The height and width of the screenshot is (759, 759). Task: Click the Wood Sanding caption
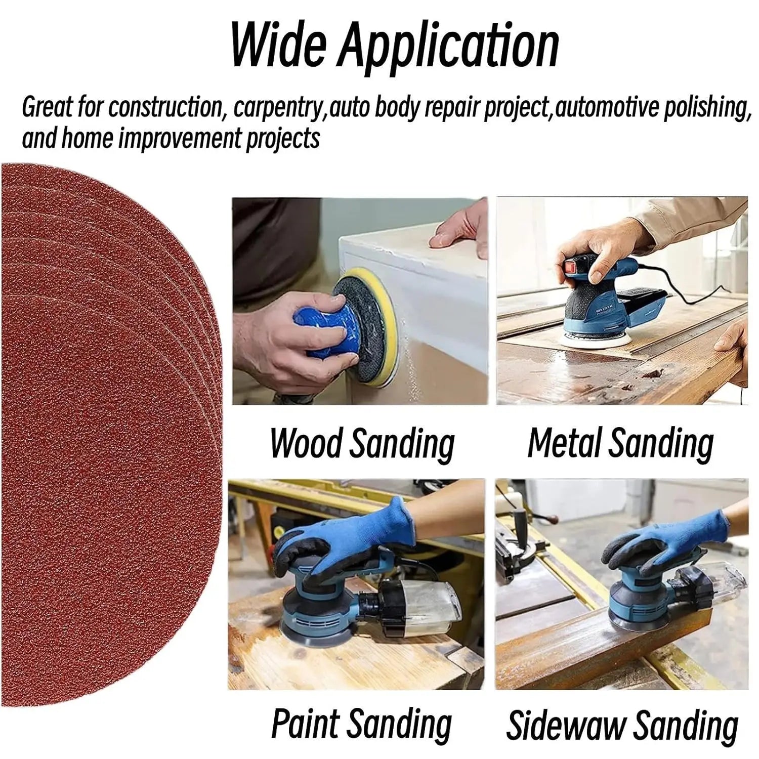[362, 444]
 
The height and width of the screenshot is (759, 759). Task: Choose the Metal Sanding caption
[620, 444]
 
